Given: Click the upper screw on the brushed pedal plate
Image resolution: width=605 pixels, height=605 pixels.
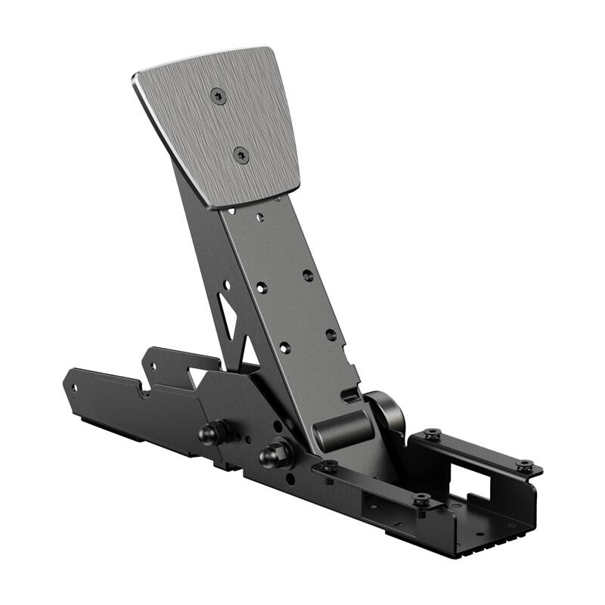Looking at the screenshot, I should click(x=219, y=96).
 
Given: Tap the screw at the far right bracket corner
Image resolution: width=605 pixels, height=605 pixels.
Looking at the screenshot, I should click(x=524, y=465).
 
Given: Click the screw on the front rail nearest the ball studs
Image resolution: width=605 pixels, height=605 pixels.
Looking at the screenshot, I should click(x=328, y=466).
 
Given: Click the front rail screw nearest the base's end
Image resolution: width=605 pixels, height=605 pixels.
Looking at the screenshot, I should click(x=421, y=499).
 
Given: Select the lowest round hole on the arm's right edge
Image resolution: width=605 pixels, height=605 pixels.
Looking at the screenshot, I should click(x=330, y=334).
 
